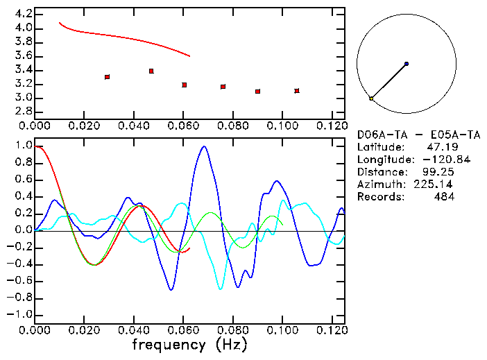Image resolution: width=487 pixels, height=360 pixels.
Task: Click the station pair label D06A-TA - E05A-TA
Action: click(x=418, y=135)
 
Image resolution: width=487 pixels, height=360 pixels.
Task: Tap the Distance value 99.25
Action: click(x=438, y=172)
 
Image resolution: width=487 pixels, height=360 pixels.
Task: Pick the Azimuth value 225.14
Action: click(x=436, y=185)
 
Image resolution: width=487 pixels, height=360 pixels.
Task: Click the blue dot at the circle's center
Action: click(x=407, y=64)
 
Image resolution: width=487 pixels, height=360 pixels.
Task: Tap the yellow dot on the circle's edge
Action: click(x=371, y=99)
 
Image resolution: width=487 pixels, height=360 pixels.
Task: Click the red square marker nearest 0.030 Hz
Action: click(x=107, y=77)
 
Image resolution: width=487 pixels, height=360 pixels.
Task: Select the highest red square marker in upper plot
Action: click(x=151, y=71)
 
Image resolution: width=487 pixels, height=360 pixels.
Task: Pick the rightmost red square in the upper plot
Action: click(x=297, y=91)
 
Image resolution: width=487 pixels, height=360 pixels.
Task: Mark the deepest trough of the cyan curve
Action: click(x=221, y=288)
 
